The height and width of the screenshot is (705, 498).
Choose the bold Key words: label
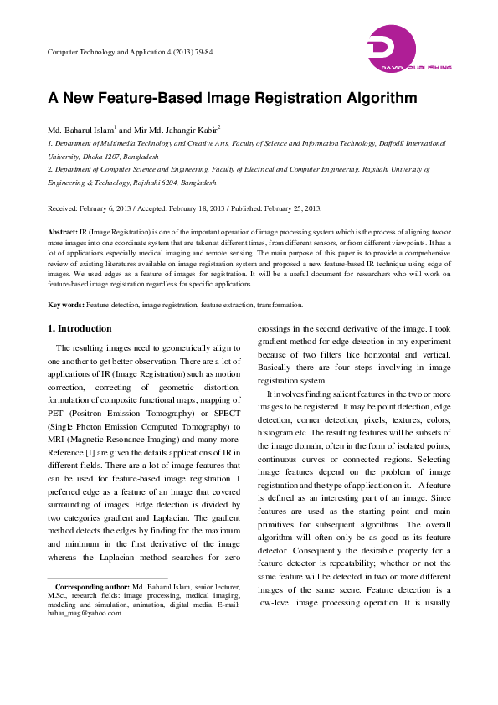click(65, 282)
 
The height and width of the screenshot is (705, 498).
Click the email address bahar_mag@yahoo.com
click(85, 612)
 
